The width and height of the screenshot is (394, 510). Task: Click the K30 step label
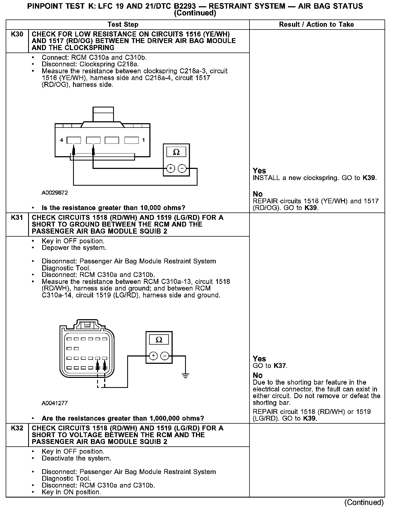[x=17, y=34]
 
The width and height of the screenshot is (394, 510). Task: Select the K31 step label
[x=17, y=218]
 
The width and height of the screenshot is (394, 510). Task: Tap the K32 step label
[x=17, y=428]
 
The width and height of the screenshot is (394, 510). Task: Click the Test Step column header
[x=123, y=25]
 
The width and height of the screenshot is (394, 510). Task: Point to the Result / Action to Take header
[x=316, y=25]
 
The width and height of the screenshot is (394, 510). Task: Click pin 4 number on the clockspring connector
[x=62, y=140]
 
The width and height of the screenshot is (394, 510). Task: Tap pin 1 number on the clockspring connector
[x=143, y=140]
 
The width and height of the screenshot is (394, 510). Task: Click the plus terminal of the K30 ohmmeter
[x=170, y=168]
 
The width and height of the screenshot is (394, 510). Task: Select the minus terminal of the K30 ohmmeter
[x=182, y=168]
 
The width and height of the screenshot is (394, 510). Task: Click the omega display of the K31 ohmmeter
[x=159, y=340]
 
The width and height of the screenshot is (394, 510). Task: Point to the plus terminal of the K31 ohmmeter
[x=153, y=356]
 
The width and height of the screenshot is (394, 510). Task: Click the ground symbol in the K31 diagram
[x=185, y=375]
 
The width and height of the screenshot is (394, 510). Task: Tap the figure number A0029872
[x=55, y=193]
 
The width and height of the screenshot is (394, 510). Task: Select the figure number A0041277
[x=55, y=403]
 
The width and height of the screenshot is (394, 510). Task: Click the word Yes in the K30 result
[x=259, y=171]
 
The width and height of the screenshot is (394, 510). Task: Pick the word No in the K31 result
[x=258, y=375]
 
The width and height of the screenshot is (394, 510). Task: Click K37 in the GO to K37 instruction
[x=280, y=366]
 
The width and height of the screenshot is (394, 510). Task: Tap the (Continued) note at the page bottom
[x=364, y=503]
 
